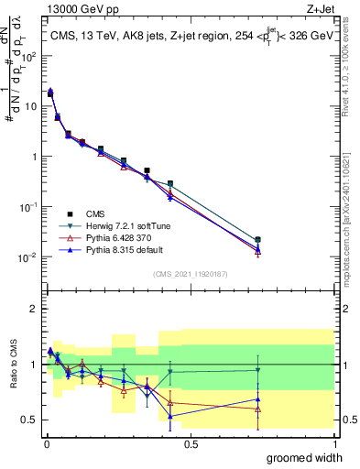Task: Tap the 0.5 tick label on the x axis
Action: tap(191, 443)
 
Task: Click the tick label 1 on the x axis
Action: tap(335, 443)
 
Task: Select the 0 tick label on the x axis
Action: tap(46, 443)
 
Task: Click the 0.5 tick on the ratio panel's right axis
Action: tap(350, 420)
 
